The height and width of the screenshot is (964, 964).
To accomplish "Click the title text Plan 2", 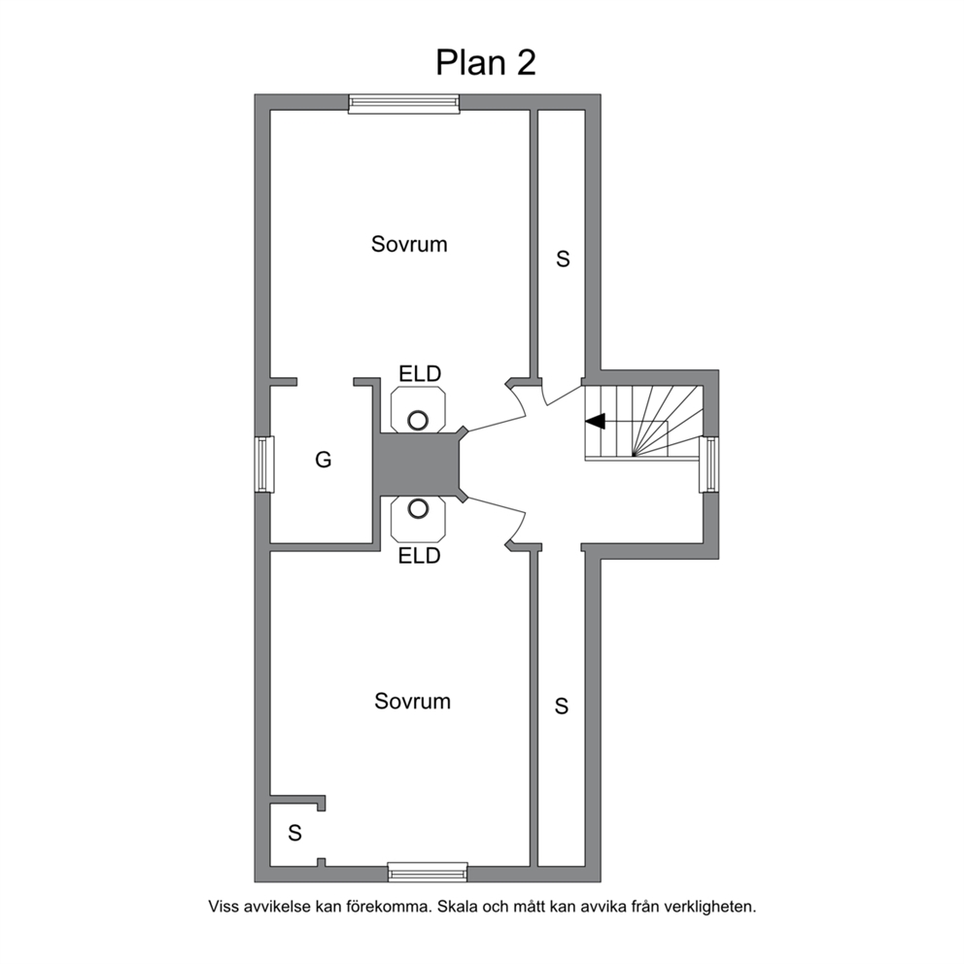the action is (x=486, y=63).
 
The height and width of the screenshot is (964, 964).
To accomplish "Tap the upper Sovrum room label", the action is (x=409, y=244).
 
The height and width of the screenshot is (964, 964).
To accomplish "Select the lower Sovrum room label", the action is (x=412, y=701).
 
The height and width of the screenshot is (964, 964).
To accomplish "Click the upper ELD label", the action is (x=420, y=373).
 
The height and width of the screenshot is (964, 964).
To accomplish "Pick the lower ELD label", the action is (x=419, y=556).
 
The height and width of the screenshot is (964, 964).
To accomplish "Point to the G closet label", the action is (x=324, y=460).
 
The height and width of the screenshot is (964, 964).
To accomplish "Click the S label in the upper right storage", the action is (x=563, y=258).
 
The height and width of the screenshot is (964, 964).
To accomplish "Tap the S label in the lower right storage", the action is (x=562, y=706).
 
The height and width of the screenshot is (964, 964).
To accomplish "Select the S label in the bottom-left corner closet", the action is (x=294, y=833).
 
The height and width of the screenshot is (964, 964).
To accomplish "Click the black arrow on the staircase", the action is (x=596, y=421).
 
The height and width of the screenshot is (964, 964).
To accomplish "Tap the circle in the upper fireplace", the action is (x=418, y=421).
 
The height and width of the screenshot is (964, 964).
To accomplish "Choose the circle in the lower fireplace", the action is (x=418, y=508).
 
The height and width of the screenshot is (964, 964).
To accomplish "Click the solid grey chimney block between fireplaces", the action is (x=419, y=464).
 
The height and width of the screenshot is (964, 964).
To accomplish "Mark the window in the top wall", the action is (x=404, y=104).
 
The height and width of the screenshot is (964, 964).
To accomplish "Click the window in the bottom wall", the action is (x=428, y=872).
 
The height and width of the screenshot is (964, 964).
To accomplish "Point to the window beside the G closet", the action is (x=264, y=465).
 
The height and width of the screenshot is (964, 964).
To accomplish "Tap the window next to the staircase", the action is (x=708, y=465).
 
